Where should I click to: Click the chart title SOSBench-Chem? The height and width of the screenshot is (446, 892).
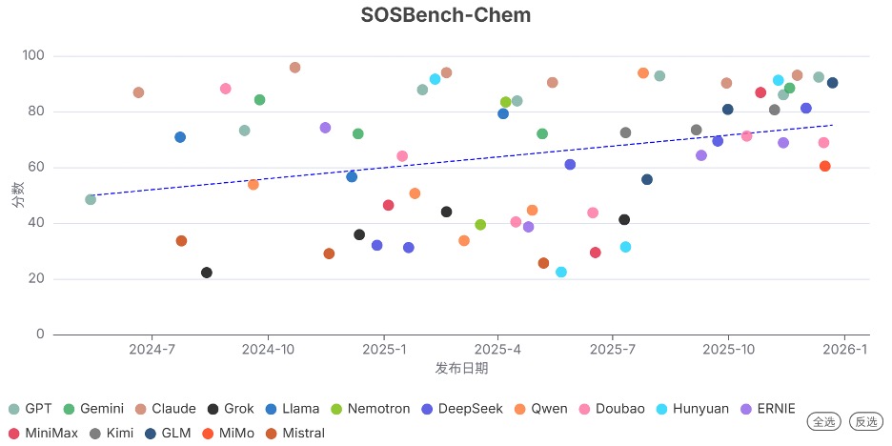pos(446,15)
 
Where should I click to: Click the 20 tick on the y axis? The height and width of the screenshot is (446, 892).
pos(35,279)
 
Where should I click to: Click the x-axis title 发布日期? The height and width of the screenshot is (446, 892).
pos(461,368)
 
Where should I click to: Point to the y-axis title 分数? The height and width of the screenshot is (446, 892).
pos(17,195)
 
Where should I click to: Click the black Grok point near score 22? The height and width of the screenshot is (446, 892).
pos(207,273)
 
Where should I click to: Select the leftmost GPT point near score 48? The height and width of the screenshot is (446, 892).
pos(91,199)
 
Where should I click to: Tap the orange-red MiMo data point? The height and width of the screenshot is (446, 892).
pos(825,166)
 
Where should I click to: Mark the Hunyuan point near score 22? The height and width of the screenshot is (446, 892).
pos(561,272)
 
